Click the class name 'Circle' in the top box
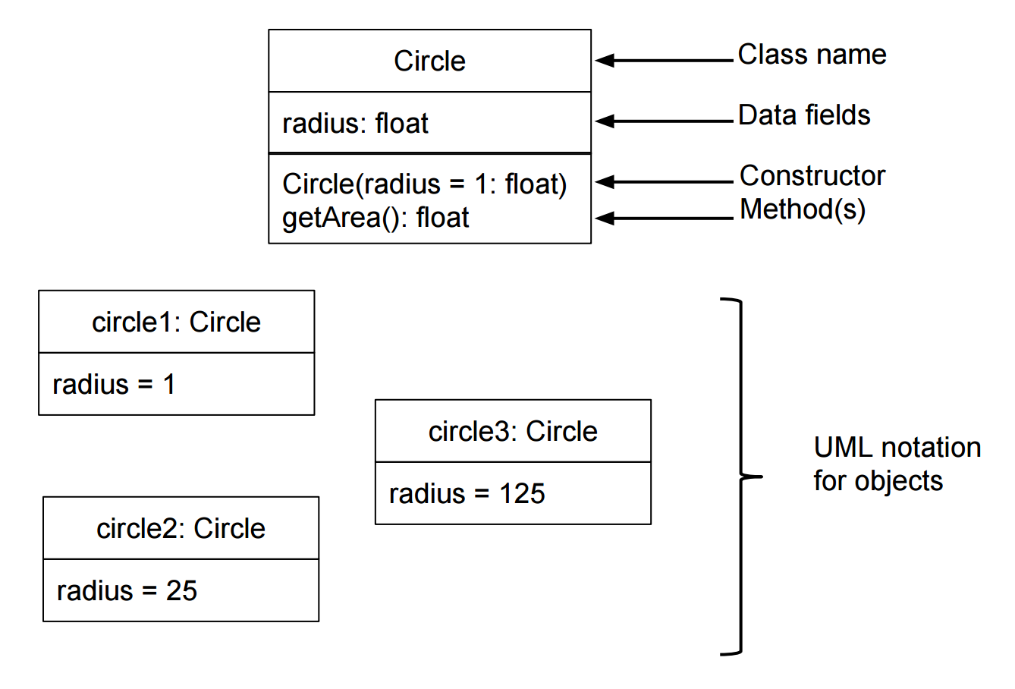tap(429, 61)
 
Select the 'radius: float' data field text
tap(355, 123)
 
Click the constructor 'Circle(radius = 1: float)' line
tap(424, 184)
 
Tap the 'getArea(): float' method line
tap(376, 218)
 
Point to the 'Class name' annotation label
tap(812, 55)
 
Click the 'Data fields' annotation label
tap(804, 115)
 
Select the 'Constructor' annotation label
tap(812, 175)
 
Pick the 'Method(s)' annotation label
tap(803, 210)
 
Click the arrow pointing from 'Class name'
tap(664, 60)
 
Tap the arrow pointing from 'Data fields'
tap(664, 121)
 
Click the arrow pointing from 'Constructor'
tap(664, 182)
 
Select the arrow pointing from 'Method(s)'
tap(664, 219)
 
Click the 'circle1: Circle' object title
tap(176, 322)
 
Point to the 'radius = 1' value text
tap(114, 385)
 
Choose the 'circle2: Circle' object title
tap(181, 529)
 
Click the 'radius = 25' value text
tap(127, 590)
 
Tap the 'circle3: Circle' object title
tap(513, 431)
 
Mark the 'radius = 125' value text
tap(467, 493)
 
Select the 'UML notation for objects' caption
tap(897, 464)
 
